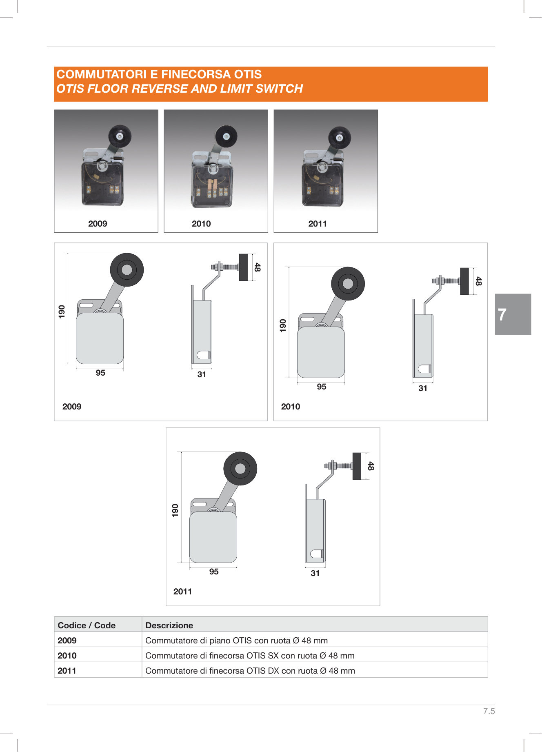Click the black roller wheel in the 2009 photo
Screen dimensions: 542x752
click(x=120, y=136)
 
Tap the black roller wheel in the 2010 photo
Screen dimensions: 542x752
click(x=226, y=137)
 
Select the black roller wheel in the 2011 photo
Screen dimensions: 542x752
click(x=340, y=138)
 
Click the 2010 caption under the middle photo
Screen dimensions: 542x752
click(x=201, y=224)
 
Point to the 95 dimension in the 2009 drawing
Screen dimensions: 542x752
click(x=100, y=373)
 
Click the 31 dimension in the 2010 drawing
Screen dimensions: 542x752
click(x=423, y=388)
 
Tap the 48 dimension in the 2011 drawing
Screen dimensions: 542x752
click(x=371, y=466)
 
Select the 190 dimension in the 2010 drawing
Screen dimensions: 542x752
click(x=283, y=325)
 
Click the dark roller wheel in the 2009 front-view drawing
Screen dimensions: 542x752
click(x=127, y=269)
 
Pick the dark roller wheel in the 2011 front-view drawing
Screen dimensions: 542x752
click(x=240, y=468)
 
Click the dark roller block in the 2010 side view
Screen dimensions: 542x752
click(x=464, y=281)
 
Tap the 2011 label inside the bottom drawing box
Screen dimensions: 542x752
click(x=182, y=592)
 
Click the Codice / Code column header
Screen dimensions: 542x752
click(x=87, y=625)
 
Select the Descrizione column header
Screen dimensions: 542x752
click(x=169, y=625)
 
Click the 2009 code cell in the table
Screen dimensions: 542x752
click(x=67, y=641)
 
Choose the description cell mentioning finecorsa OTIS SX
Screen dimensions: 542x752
click(x=250, y=656)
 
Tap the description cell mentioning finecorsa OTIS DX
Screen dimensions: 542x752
click(x=250, y=671)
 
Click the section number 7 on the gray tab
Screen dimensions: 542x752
click(x=502, y=314)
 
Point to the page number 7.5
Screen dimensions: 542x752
click(x=489, y=711)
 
